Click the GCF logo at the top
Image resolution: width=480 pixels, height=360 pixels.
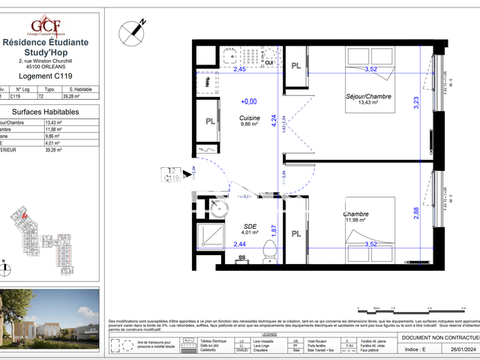pyautogui.click(x=51, y=22)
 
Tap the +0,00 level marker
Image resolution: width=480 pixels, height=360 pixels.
pyautogui.click(x=248, y=101)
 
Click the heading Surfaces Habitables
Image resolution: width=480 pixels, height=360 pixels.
pyautogui.click(x=51, y=111)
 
